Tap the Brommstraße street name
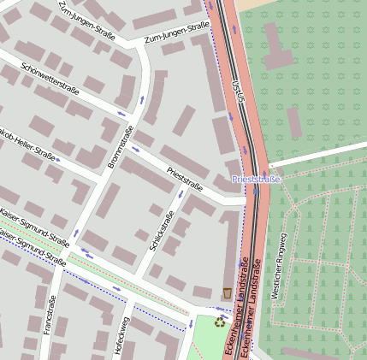120,146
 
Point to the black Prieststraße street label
185,179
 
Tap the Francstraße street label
50,315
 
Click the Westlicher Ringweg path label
279,265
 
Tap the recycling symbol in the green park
221,322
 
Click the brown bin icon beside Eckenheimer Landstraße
226,293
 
